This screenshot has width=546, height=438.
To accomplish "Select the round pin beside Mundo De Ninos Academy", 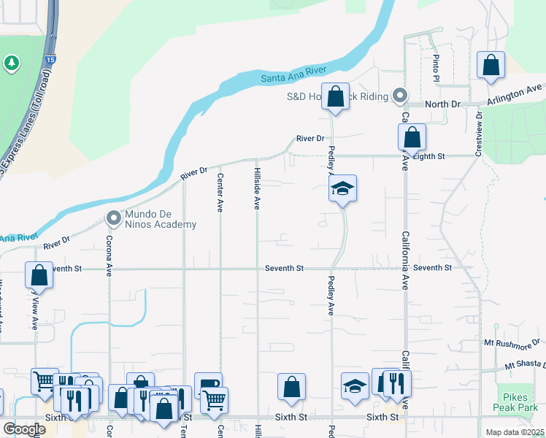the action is coord(113,218).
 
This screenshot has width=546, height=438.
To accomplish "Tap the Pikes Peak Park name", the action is coord(521,406).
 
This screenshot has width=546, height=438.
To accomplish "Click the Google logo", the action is coord(25,429).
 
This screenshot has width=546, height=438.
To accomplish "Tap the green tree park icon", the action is coord(11,64).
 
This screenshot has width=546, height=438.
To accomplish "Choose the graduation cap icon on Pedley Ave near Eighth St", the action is coord(342,190).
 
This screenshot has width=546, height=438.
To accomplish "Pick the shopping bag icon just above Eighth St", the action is coord(412,137).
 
